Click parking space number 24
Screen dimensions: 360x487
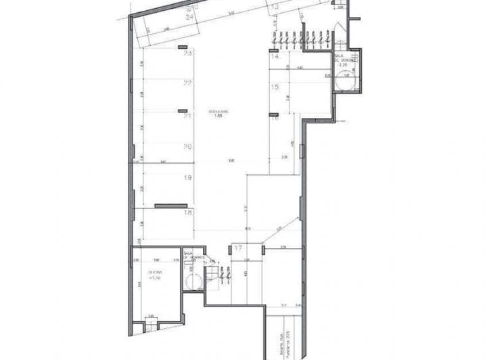(189, 18)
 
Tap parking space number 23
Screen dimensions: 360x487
(188, 52)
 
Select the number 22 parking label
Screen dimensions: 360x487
(188, 83)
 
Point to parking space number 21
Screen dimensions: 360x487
(188, 116)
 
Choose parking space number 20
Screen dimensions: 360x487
(188, 147)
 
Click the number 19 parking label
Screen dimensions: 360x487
(188, 178)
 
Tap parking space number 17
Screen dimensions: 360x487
(238, 248)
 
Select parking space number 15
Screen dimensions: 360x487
(275, 87)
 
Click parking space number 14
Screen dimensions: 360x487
(275, 58)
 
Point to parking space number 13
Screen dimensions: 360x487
(275, 7)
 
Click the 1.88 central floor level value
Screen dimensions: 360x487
(218, 116)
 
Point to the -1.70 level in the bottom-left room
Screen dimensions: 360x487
(157, 279)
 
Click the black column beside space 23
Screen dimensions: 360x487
(182, 47)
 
